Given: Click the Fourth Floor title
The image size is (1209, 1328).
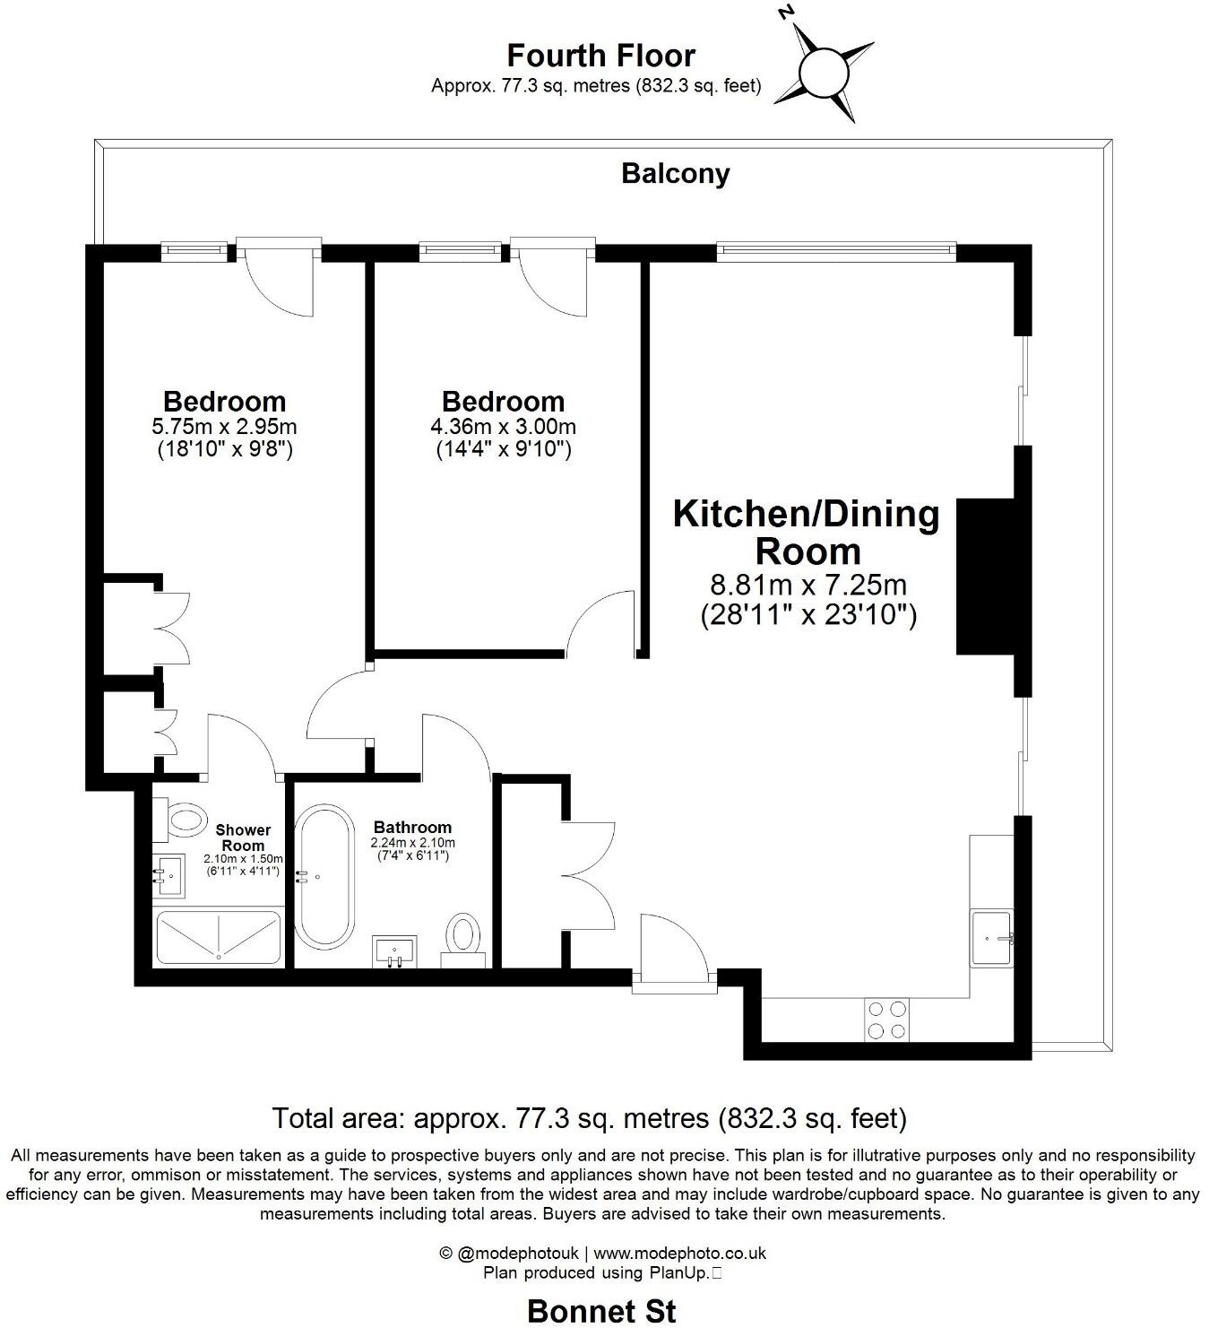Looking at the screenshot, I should click(600, 56).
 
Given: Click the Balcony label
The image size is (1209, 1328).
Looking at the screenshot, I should click(675, 173).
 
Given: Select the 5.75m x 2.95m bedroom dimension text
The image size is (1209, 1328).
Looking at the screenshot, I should click(225, 426).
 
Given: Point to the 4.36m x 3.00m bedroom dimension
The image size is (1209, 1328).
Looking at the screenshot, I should click(503, 426).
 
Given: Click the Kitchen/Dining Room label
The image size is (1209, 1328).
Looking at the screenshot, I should click(807, 532).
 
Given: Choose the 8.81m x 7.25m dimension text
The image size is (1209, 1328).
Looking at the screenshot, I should click(807, 586).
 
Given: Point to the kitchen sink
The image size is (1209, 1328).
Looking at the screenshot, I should click(993, 938).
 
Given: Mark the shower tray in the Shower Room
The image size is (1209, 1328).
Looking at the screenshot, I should click(219, 937).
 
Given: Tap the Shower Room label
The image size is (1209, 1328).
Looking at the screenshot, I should click(243, 838).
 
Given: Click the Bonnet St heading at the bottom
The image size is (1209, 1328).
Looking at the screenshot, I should click(601, 1310).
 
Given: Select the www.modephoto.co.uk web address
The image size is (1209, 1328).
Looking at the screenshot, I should click(679, 1254).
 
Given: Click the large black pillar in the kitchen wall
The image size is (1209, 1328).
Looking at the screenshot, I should click(986, 576).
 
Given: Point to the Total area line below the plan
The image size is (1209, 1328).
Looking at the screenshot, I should click(589, 1118).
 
